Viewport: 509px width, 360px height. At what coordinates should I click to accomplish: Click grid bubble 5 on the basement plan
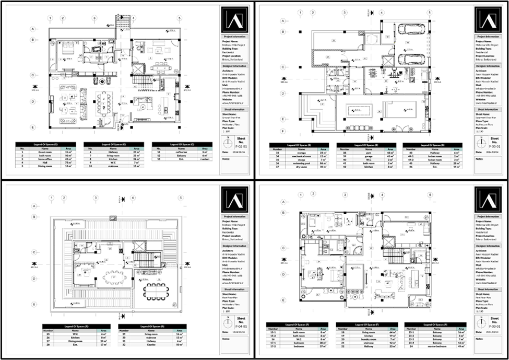click(429, 13)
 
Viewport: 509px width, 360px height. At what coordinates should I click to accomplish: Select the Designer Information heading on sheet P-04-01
click(234, 246)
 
